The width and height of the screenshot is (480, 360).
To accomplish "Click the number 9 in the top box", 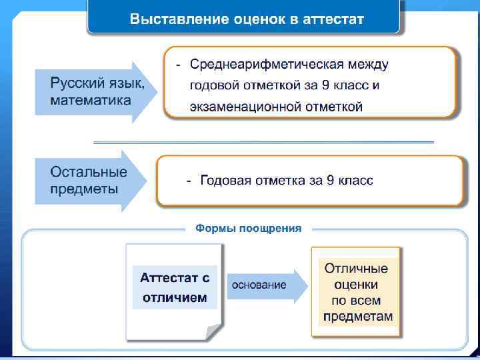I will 326,85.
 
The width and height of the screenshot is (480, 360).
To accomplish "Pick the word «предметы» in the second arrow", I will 84,189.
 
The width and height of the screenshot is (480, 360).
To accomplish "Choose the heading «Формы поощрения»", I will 248,229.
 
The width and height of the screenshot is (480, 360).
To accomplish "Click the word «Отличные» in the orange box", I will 356,269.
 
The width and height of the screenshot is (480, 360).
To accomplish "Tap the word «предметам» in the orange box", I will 357,316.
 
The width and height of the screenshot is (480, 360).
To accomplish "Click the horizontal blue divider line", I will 263,142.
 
